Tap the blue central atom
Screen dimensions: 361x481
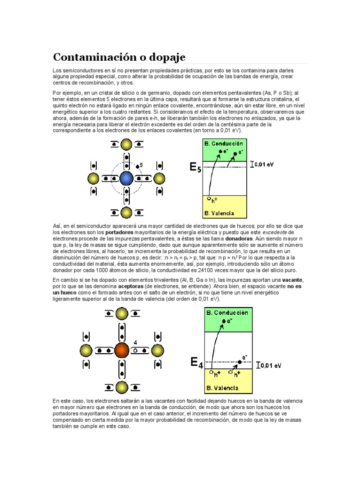coord(126,178)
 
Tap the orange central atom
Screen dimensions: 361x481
coord(122,350)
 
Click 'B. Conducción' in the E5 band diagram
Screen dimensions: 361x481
coord(224,143)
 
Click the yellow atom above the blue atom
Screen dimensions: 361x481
coord(126,145)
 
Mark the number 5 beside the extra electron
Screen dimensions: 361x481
coord(142,165)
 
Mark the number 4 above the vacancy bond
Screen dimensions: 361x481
coord(135,342)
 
